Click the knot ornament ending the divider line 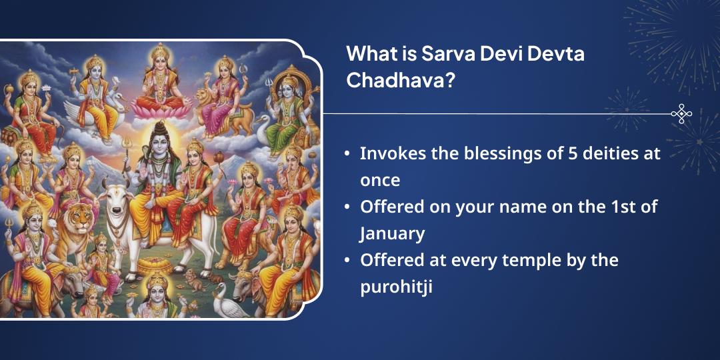(x=681, y=114)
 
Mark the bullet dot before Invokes (x=347, y=153)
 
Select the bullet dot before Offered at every (x=347, y=261)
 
